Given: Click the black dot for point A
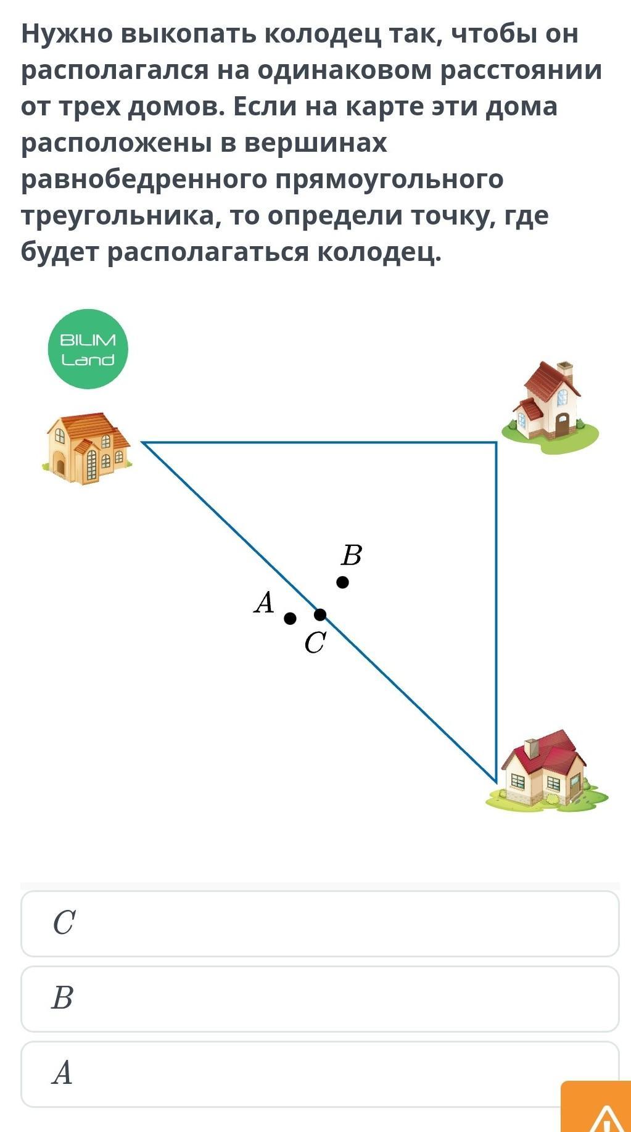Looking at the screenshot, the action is tap(290, 618).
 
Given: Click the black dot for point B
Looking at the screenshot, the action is tap(342, 582).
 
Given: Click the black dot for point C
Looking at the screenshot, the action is tap(320, 614).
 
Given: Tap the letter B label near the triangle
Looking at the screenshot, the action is tap(351, 555).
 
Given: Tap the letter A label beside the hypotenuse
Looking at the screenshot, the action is tap(264, 602).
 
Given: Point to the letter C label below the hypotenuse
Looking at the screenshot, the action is tap(315, 643).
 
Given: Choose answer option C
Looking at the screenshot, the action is tap(320, 923).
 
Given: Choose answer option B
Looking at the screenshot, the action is tap(320, 999).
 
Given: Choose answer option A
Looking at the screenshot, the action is tap(320, 1074).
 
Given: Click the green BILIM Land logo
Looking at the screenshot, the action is tap(88, 349).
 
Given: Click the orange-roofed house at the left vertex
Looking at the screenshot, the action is tap(86, 447).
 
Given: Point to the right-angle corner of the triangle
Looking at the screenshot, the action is tap(496, 443).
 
